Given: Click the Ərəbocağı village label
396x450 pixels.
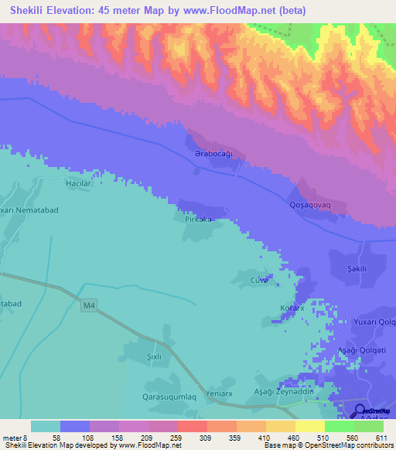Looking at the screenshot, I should pos(213,154).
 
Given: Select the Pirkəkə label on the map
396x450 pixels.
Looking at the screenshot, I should pos(198,220).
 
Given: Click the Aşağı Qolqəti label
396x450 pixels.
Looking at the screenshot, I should pos(367,350).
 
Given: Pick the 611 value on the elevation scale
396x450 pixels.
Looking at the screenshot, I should pos(380,438).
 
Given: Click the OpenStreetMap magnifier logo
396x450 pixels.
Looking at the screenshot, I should pos(358,411).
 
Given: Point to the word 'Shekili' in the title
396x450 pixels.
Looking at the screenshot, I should pos(28,11).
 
